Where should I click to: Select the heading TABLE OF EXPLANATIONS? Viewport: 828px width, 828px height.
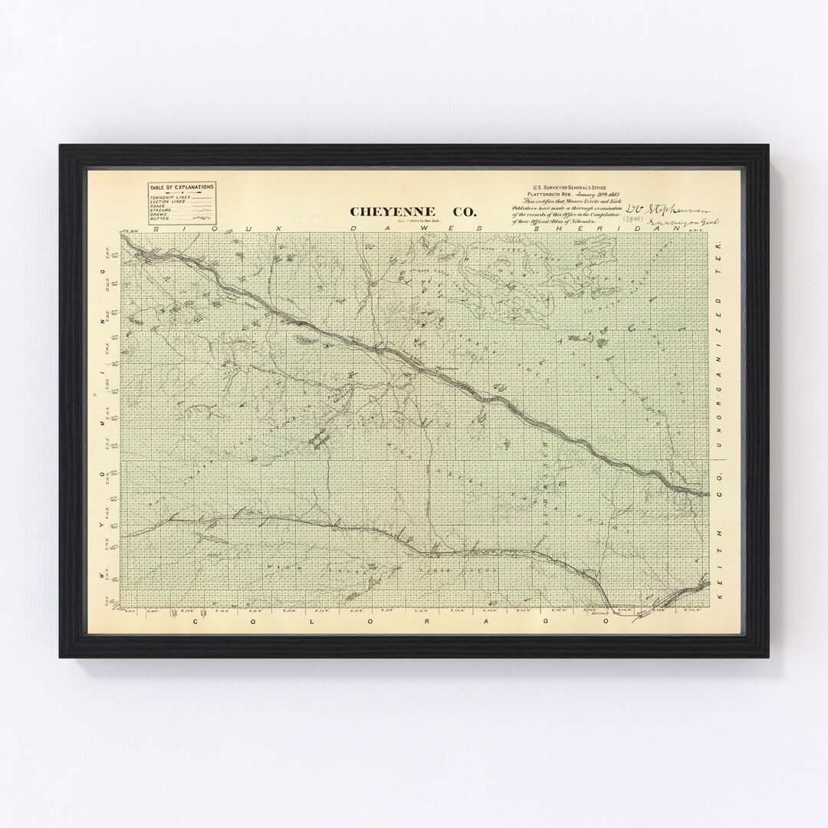point(182,186)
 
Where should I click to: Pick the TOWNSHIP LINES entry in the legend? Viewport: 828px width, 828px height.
point(169,197)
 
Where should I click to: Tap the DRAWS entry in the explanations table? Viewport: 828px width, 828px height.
point(161,215)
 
